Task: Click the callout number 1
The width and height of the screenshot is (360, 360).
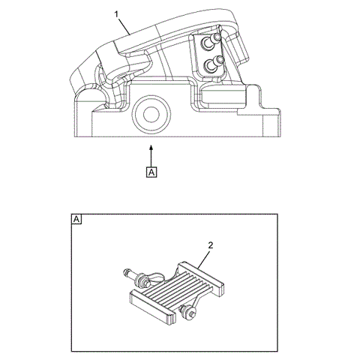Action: pos(116,14)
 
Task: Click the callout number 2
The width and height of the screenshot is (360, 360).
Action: pos(211,245)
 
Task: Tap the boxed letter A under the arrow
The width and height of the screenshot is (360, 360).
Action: pos(151,173)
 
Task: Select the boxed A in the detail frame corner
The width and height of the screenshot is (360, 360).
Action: pos(76,220)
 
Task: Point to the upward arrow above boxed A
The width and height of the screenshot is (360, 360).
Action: pos(151,154)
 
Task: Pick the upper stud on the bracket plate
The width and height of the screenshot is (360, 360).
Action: pos(216,38)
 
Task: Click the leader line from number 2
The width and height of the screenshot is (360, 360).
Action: pos(205,255)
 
